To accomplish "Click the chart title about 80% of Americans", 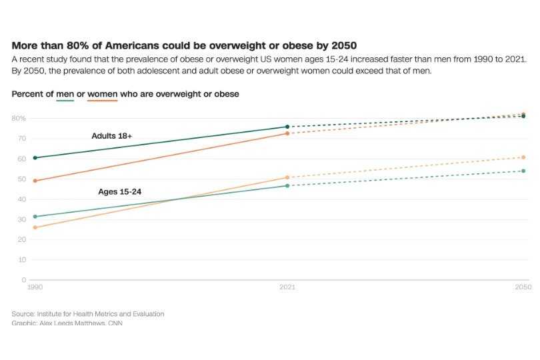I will tap(184, 46).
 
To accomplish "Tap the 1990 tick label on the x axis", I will tap(35, 287).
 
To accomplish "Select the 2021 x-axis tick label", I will tap(287, 287).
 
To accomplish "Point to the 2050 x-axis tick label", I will tap(523, 287).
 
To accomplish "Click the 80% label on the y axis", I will tap(19, 119).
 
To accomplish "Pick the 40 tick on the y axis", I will tap(22, 199).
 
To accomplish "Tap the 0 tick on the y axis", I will tap(23, 280).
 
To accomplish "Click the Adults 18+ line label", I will tap(112, 136).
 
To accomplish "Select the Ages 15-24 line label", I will tap(119, 192).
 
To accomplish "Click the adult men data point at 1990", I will tap(35, 158).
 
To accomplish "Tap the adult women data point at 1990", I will tap(35, 181).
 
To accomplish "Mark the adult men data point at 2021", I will tap(287, 127).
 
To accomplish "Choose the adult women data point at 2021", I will tap(287, 133).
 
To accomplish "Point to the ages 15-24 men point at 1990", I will tap(35, 217).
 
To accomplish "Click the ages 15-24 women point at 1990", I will tap(35, 228).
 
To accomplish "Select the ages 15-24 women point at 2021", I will tap(287, 177).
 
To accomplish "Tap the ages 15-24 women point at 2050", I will tap(523, 157).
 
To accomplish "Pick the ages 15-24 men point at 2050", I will tap(523, 171).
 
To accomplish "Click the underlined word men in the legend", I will tap(65, 95).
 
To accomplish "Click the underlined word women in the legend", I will tap(102, 95).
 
